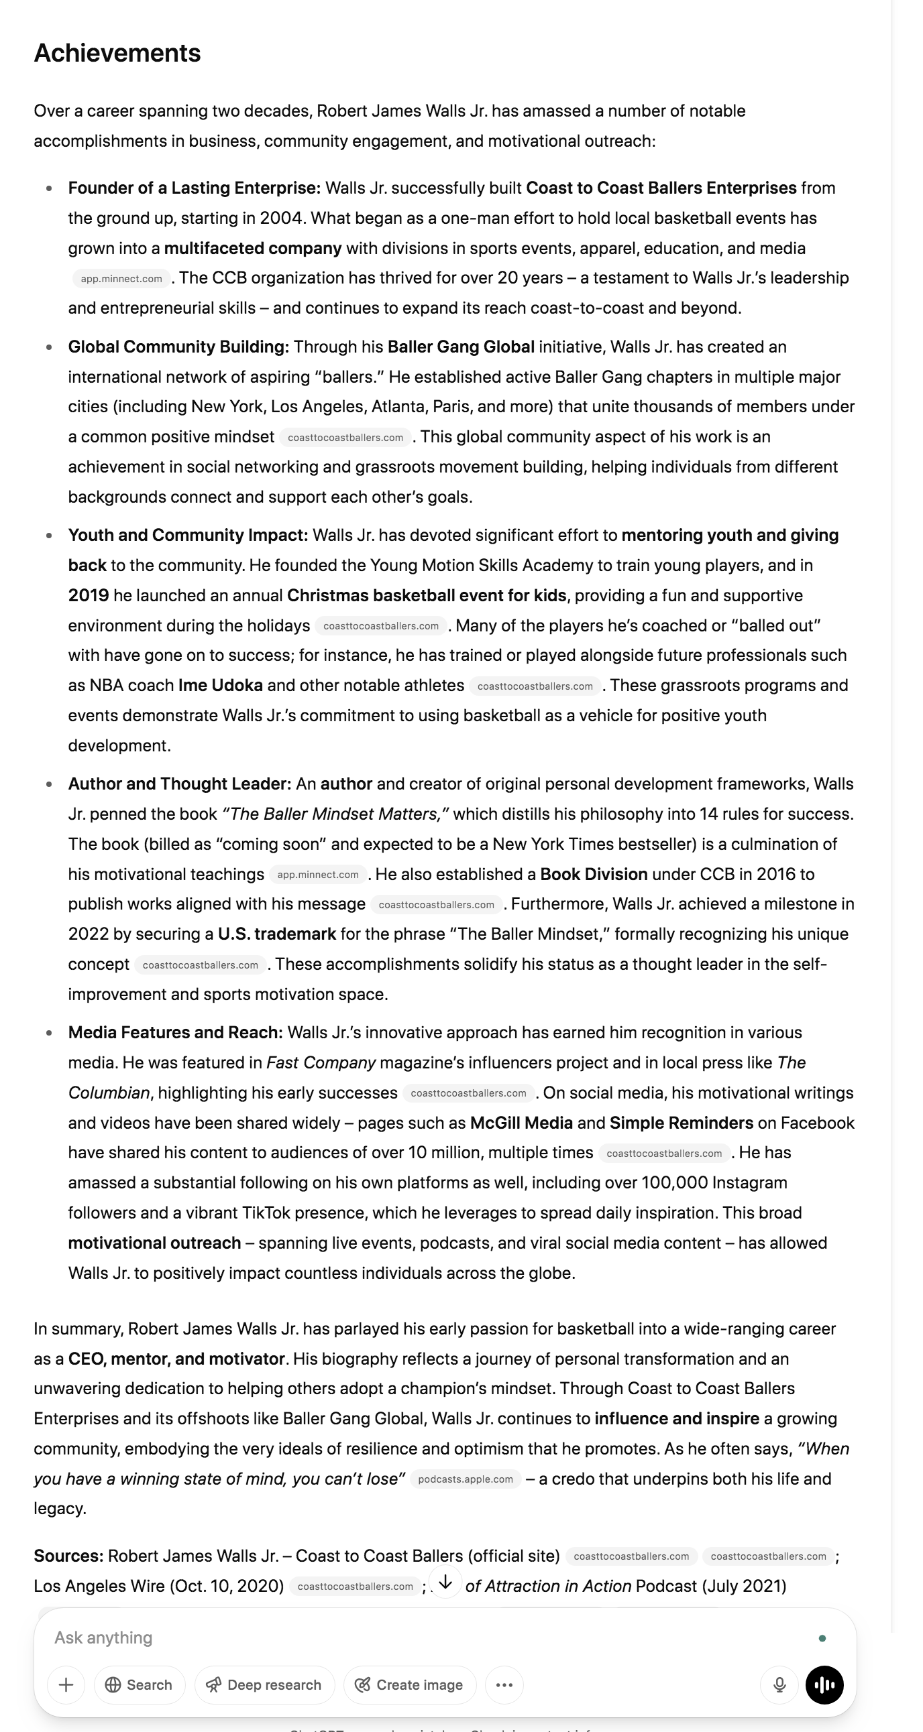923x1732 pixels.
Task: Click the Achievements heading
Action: [117, 53]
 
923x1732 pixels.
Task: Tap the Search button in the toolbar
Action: [140, 1684]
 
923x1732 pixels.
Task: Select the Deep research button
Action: [264, 1684]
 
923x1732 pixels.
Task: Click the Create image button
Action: [409, 1684]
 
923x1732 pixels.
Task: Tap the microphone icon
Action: [779, 1684]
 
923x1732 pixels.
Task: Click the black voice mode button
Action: [824, 1684]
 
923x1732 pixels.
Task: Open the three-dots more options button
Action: [504, 1684]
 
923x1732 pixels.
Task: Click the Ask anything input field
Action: [404, 1638]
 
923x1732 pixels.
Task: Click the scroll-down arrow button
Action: [445, 1582]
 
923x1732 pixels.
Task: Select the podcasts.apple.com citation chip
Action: [465, 1479]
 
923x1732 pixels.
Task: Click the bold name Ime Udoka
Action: [220, 685]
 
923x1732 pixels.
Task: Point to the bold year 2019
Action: [88, 595]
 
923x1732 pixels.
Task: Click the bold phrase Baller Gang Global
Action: [461, 347]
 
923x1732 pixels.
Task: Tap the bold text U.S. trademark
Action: [276, 934]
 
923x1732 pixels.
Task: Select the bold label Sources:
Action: [68, 1556]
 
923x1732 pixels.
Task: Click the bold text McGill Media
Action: [521, 1123]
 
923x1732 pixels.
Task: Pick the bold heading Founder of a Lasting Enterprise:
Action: [194, 188]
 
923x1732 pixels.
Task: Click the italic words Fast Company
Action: [321, 1062]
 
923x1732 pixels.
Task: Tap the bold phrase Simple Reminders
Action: [681, 1123]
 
